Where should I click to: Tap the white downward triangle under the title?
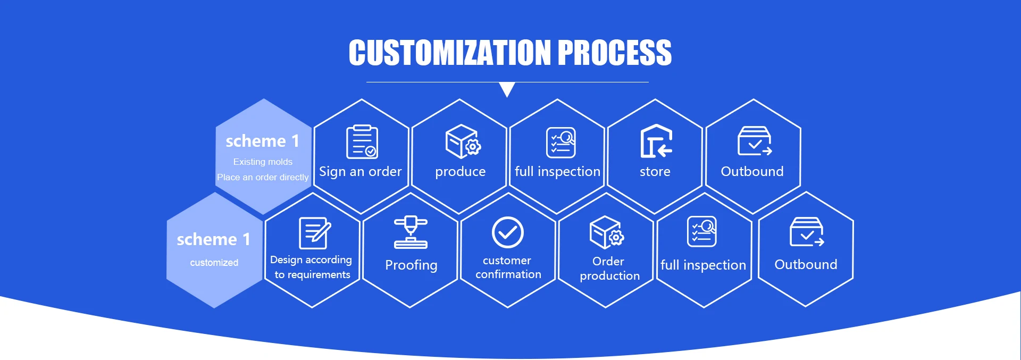[507, 89]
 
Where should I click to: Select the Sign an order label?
[360, 172]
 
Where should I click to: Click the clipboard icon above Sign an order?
[362, 142]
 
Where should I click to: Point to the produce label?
[460, 172]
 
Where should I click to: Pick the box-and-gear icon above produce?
[463, 141]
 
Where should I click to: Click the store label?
[655, 171]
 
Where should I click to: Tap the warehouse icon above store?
[656, 141]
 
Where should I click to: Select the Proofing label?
[411, 265]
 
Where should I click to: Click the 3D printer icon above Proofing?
[411, 232]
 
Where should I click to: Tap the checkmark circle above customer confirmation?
[508, 232]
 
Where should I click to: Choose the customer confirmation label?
[508, 267]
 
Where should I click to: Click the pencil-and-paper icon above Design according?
[315, 233]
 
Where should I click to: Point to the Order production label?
[609, 269]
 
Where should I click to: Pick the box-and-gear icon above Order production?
[607, 232]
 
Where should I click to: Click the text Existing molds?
[263, 162]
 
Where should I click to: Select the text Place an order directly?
[263, 177]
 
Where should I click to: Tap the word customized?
[214, 263]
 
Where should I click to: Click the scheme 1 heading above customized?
[214, 239]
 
